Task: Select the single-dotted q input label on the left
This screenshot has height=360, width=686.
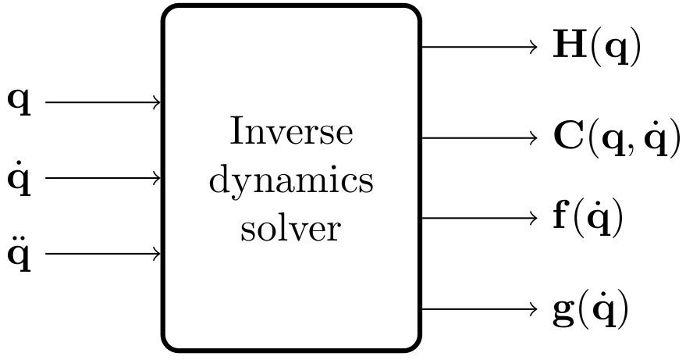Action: click(20, 178)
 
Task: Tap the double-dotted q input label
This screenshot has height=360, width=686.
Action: click(20, 254)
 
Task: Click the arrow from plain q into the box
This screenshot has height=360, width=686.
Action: click(104, 102)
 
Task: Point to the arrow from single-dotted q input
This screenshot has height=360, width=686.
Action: click(104, 178)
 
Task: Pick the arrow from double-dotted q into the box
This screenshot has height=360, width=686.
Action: click(104, 254)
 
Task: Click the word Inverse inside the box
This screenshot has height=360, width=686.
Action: click(291, 133)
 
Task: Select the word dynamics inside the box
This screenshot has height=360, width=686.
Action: click(291, 182)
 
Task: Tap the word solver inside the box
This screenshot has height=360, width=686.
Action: click(291, 230)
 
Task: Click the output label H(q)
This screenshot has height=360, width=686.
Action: click(597, 48)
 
